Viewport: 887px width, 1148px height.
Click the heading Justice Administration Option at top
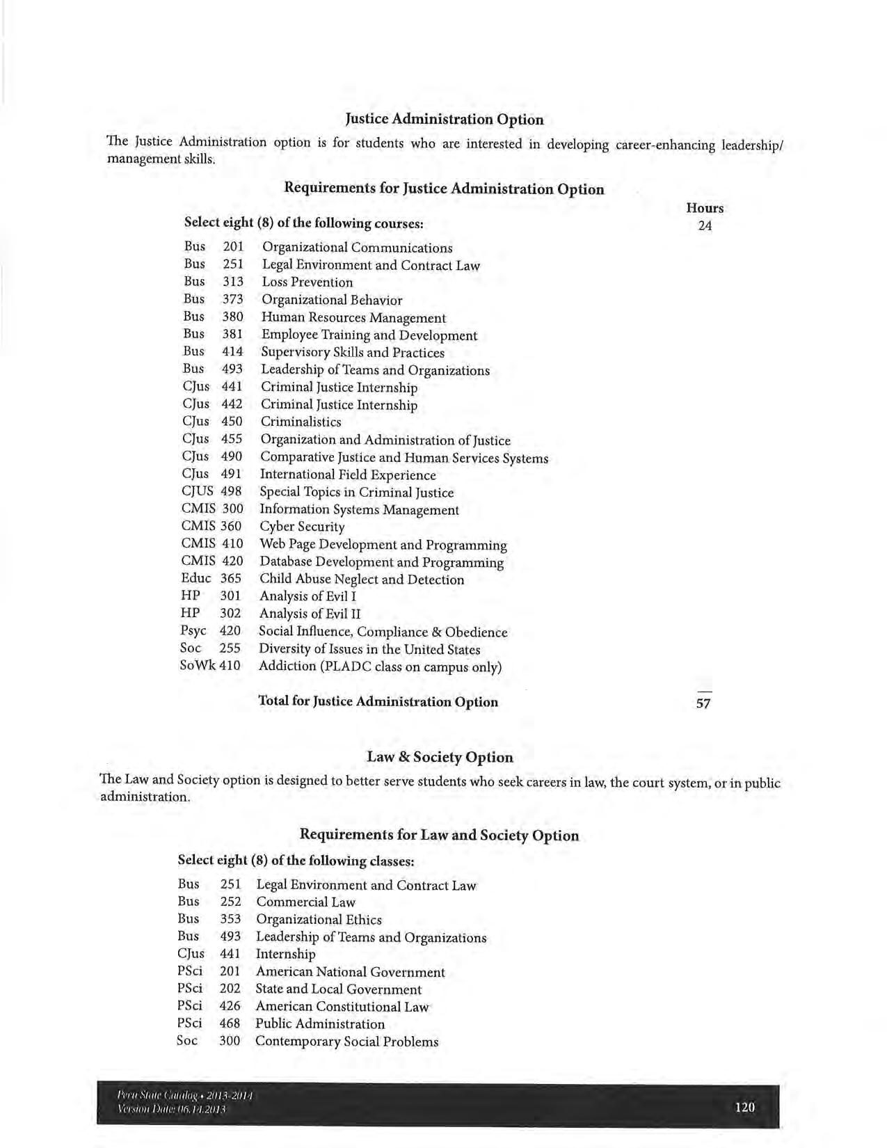tap(444, 119)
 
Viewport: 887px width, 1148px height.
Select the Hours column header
tap(705, 208)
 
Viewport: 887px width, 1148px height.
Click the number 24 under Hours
tap(705, 225)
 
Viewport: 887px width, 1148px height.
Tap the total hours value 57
tap(703, 703)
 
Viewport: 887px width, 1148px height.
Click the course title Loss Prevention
tap(307, 282)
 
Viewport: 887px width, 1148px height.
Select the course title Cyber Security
tap(302, 527)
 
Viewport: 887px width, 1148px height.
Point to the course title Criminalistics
tap(301, 422)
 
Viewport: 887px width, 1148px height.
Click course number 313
tap(233, 282)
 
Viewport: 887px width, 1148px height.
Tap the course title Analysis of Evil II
tap(310, 614)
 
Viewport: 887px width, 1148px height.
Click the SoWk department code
tap(198, 666)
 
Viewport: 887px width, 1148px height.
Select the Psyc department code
tap(193, 631)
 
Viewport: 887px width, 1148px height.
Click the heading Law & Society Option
tap(440, 757)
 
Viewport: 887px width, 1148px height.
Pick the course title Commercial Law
tap(305, 902)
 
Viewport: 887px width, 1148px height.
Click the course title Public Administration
tap(319, 1024)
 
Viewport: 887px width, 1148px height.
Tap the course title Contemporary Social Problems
tap(346, 1042)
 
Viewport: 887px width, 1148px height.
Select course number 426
tap(230, 1006)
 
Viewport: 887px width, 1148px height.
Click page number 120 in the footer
tap(744, 1107)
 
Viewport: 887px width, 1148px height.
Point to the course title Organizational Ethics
tap(319, 920)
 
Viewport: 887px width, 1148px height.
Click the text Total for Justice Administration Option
tap(378, 701)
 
